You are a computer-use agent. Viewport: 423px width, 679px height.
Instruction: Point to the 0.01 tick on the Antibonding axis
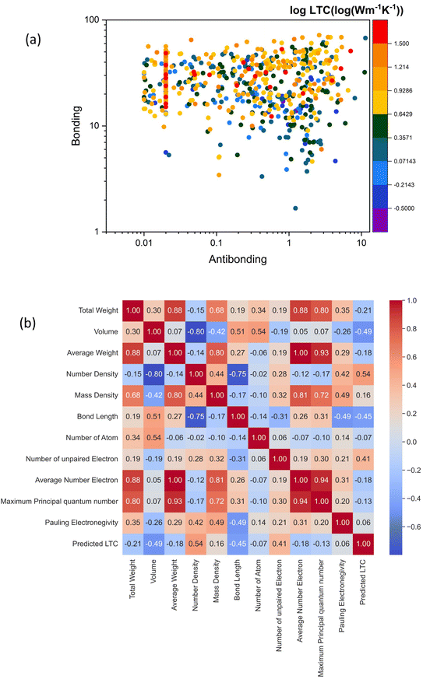(x=143, y=243)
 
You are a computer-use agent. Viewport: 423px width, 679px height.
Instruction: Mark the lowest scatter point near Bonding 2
(x=295, y=208)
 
